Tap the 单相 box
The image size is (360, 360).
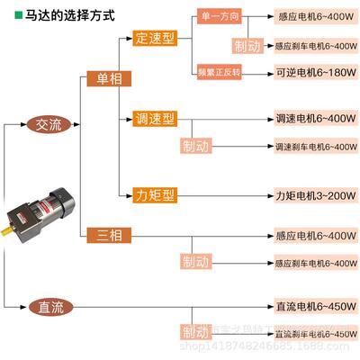[103, 79]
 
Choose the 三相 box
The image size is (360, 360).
[103, 236]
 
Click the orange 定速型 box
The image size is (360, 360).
[154, 39]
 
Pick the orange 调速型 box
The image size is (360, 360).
[154, 119]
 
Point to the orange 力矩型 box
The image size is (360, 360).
[154, 193]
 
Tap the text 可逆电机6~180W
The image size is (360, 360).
[311, 69]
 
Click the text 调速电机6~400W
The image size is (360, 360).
[311, 118]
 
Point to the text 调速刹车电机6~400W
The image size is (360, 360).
[310, 145]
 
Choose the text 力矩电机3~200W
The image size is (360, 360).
[311, 193]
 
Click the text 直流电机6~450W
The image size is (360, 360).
[311, 307]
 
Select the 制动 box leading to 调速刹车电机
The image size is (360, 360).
[194, 145]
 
